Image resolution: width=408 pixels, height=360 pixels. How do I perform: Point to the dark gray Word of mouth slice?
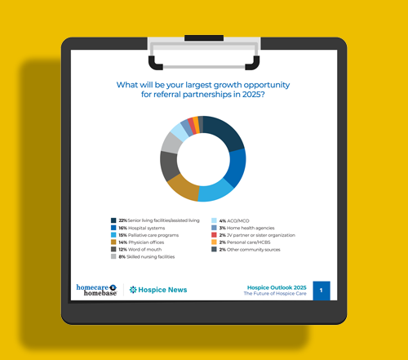[x=169, y=165]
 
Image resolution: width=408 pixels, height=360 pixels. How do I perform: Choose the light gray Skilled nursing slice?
[x=171, y=142]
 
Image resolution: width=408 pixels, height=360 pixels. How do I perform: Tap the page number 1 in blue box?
[x=322, y=291]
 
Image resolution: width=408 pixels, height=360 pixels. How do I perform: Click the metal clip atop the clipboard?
[x=203, y=51]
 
